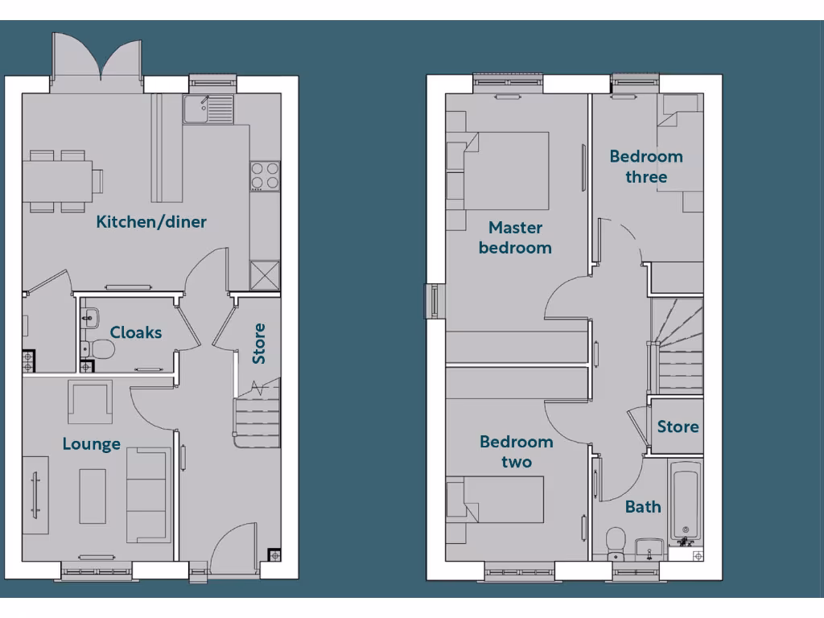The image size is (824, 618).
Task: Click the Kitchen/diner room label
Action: pyautogui.click(x=151, y=222)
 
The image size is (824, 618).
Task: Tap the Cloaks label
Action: pyautogui.click(x=136, y=332)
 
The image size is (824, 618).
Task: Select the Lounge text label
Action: pyautogui.click(x=92, y=443)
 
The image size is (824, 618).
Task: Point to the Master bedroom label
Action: pyautogui.click(x=515, y=237)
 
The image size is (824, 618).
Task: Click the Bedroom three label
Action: pyautogui.click(x=645, y=167)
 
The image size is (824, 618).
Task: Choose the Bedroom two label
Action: pyautogui.click(x=516, y=451)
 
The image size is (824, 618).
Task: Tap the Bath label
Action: pyautogui.click(x=643, y=507)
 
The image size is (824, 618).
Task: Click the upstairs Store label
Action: pyautogui.click(x=678, y=426)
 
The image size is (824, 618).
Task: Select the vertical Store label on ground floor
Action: pyautogui.click(x=259, y=344)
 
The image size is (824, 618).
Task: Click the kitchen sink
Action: pyautogui.click(x=208, y=109)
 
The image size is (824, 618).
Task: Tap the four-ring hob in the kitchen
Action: pyautogui.click(x=265, y=176)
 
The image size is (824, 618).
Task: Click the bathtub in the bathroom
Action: pyautogui.click(x=686, y=503)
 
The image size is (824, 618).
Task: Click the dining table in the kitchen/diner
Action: pyautogui.click(x=56, y=180)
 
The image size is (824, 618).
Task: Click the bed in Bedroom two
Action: pyautogui.click(x=495, y=499)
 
